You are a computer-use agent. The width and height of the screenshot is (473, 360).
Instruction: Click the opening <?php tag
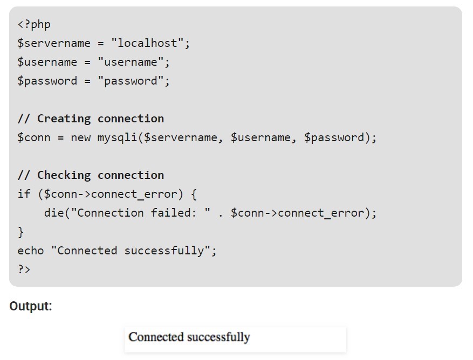pos(33,25)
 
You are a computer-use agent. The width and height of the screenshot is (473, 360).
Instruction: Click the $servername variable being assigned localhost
pos(54,44)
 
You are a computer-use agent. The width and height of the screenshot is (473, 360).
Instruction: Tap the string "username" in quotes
pos(131,63)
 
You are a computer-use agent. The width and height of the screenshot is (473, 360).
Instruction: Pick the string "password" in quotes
pos(131,81)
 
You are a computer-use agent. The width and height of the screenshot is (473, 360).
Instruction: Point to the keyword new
pos(81,138)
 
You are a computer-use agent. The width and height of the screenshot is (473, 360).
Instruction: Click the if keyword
pos(24,195)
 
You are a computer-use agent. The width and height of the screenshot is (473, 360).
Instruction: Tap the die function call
pos(54,213)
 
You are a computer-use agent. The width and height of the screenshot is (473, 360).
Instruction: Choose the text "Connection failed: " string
pos(140,213)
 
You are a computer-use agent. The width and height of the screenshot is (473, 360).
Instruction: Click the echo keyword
pos(30,251)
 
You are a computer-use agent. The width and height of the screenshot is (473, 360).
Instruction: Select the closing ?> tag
pos(24,269)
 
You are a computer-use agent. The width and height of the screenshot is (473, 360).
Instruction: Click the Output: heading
pos(31,307)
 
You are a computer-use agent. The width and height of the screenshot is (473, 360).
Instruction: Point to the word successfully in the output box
pos(218,338)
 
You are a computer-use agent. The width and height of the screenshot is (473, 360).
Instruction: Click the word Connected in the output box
pos(156,338)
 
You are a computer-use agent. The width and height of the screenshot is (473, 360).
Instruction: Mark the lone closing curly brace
pos(21,232)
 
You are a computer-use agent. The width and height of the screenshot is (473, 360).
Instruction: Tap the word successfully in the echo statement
pos(164,251)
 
